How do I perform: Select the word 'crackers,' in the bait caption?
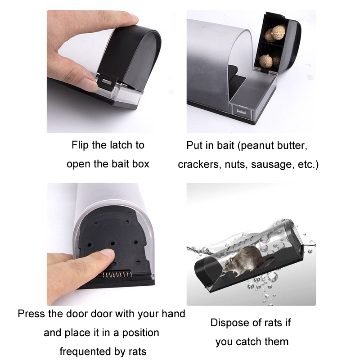pyautogui.click(x=198, y=165)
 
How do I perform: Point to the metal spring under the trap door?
pyautogui.click(x=117, y=274)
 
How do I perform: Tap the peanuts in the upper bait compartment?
pyautogui.click(x=275, y=33)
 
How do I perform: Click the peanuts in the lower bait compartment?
pyautogui.click(x=269, y=61)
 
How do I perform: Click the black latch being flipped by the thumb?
pyautogui.click(x=107, y=81)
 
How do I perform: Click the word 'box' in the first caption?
pyautogui.click(x=140, y=164)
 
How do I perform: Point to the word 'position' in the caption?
pyautogui.click(x=140, y=333)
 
